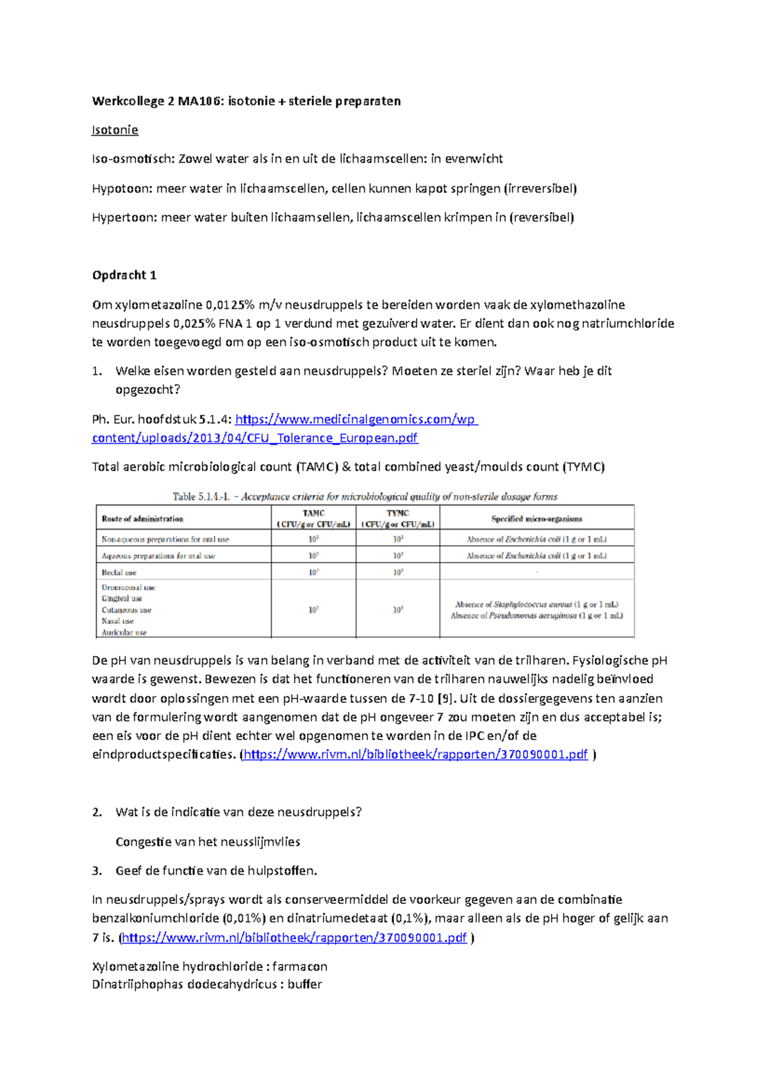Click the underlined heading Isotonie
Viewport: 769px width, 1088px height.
tap(115, 130)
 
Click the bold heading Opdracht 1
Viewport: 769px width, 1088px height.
tap(124, 276)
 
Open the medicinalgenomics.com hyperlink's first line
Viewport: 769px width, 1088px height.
tap(356, 420)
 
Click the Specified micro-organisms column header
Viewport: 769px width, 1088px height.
tap(536, 519)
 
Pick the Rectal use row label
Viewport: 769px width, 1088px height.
tap(119, 572)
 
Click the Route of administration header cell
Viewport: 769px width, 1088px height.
tap(142, 519)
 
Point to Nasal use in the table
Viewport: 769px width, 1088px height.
tap(117, 621)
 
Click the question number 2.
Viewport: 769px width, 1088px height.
tap(97, 812)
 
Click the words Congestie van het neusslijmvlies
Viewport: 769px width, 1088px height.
tap(208, 842)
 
